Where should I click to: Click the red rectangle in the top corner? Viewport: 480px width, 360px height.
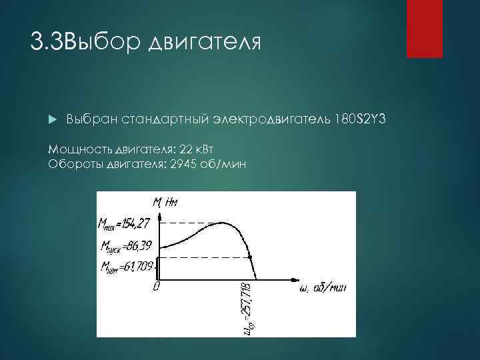[x=424, y=29]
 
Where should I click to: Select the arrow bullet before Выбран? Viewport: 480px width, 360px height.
[x=53, y=119]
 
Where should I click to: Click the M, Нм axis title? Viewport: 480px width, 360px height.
[x=165, y=201]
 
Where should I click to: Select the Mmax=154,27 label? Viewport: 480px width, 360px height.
[x=124, y=223]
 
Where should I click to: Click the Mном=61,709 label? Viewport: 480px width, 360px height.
[x=126, y=267]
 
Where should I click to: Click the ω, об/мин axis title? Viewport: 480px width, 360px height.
[x=320, y=288]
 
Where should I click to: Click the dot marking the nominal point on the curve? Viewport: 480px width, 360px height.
[x=249, y=257]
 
